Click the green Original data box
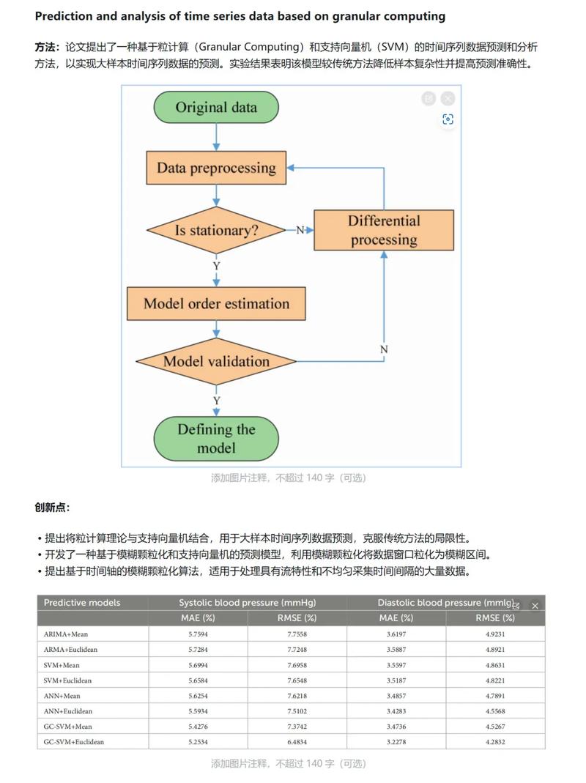tap(216, 107)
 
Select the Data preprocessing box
tap(216, 168)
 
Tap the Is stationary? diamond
tap(216, 230)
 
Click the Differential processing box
tap(384, 230)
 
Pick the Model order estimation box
tap(216, 303)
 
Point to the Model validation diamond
tap(216, 361)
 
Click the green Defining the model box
tap(216, 438)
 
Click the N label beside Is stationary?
tap(300, 230)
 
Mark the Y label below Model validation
tap(216, 401)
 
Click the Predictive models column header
tap(81, 603)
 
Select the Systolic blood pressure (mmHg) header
tap(247, 603)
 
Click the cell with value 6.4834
tap(297, 741)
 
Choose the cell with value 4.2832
tap(495, 741)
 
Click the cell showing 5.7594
tap(198, 634)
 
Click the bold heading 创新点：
tap(52, 508)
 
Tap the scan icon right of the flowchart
tap(448, 119)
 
